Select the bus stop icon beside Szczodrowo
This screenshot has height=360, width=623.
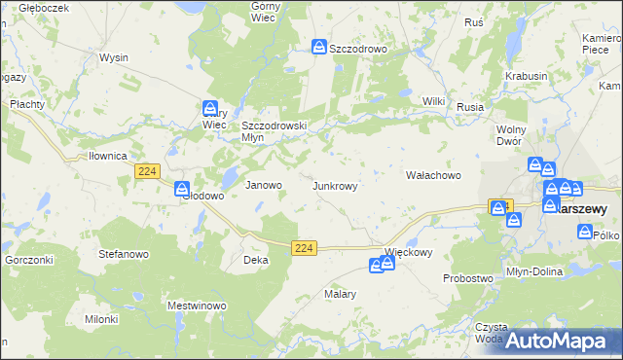[x=319, y=47]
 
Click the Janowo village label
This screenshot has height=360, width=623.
[x=263, y=185]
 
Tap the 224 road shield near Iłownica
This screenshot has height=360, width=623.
[x=146, y=171]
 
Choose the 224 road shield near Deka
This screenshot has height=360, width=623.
[x=304, y=249]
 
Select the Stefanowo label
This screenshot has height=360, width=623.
[x=123, y=255]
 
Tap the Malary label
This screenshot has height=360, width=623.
[x=341, y=294]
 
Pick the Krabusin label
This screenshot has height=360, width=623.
[x=527, y=76]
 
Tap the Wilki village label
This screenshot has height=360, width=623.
[x=433, y=101]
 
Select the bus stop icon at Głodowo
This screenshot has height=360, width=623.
[x=182, y=189]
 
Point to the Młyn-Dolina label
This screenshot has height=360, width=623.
[x=534, y=271]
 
